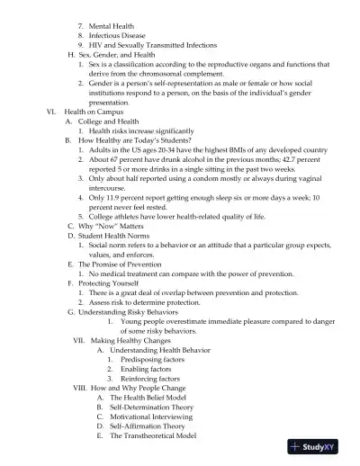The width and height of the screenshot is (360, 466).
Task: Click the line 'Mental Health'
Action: (x=112, y=27)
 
